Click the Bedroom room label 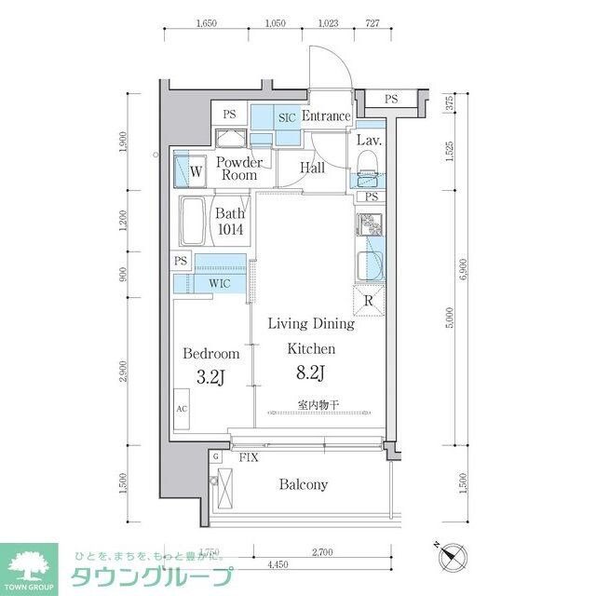tap(210, 354)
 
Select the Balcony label tap(302, 485)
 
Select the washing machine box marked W tap(196, 171)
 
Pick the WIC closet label tap(221, 281)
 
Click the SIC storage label tap(287, 117)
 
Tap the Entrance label tap(325, 116)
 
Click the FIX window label tap(249, 458)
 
